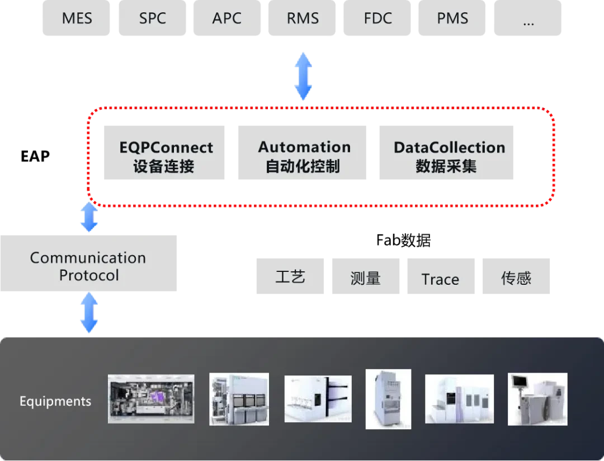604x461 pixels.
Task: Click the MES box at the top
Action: [x=77, y=18]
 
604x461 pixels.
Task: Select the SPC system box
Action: [x=153, y=18]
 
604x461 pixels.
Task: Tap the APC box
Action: [x=227, y=18]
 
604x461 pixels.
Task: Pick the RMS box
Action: [x=303, y=18]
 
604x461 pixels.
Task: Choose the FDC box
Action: [x=377, y=18]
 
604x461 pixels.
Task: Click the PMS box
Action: [x=452, y=18]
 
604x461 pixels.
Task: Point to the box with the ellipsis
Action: [x=527, y=20]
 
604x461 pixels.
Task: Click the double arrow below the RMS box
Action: [x=303, y=76]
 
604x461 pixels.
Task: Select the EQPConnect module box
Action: [x=166, y=154]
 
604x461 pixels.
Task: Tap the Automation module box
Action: [x=302, y=154]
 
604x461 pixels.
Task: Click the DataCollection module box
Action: [x=445, y=154]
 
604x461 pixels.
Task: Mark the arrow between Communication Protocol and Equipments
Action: [x=88, y=314]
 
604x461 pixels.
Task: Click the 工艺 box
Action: [x=291, y=276]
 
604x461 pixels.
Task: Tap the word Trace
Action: [x=440, y=279]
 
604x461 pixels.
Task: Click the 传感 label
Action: [x=516, y=278]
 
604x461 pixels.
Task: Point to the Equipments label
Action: [x=55, y=401]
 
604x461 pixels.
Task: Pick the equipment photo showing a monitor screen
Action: [x=537, y=398]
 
